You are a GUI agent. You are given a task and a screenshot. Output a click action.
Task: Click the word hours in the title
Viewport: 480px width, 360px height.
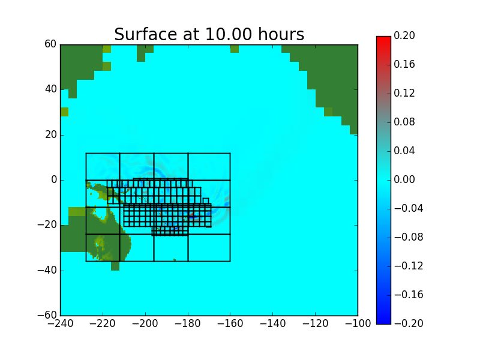[281, 34]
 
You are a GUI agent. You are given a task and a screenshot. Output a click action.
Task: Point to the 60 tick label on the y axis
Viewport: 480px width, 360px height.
[50, 44]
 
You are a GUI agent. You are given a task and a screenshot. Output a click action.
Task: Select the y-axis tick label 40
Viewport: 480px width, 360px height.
[50, 89]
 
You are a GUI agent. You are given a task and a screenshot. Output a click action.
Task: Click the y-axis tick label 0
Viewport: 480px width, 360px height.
[54, 179]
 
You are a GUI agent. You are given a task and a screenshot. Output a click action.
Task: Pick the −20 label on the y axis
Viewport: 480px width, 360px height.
[47, 224]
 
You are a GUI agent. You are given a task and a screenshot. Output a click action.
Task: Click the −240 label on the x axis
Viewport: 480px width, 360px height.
[61, 323]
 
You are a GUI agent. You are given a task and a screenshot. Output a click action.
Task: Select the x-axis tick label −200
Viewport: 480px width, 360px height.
[145, 323]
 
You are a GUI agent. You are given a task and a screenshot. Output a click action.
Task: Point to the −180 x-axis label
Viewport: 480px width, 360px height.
[188, 323]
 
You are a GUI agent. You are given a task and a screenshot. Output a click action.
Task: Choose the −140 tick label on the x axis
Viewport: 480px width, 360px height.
[273, 323]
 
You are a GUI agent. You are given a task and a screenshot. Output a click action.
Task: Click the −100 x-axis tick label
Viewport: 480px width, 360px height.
[358, 323]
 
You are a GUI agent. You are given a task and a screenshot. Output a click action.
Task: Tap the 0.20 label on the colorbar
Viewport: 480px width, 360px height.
[404, 35]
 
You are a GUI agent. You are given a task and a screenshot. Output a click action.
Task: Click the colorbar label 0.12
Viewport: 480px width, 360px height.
[404, 93]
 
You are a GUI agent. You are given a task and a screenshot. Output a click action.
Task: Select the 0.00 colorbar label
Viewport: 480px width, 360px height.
[404, 179]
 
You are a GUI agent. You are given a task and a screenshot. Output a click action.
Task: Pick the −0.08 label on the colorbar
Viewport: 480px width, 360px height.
[409, 237]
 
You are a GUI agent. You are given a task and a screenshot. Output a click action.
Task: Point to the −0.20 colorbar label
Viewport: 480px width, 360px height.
[409, 323]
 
